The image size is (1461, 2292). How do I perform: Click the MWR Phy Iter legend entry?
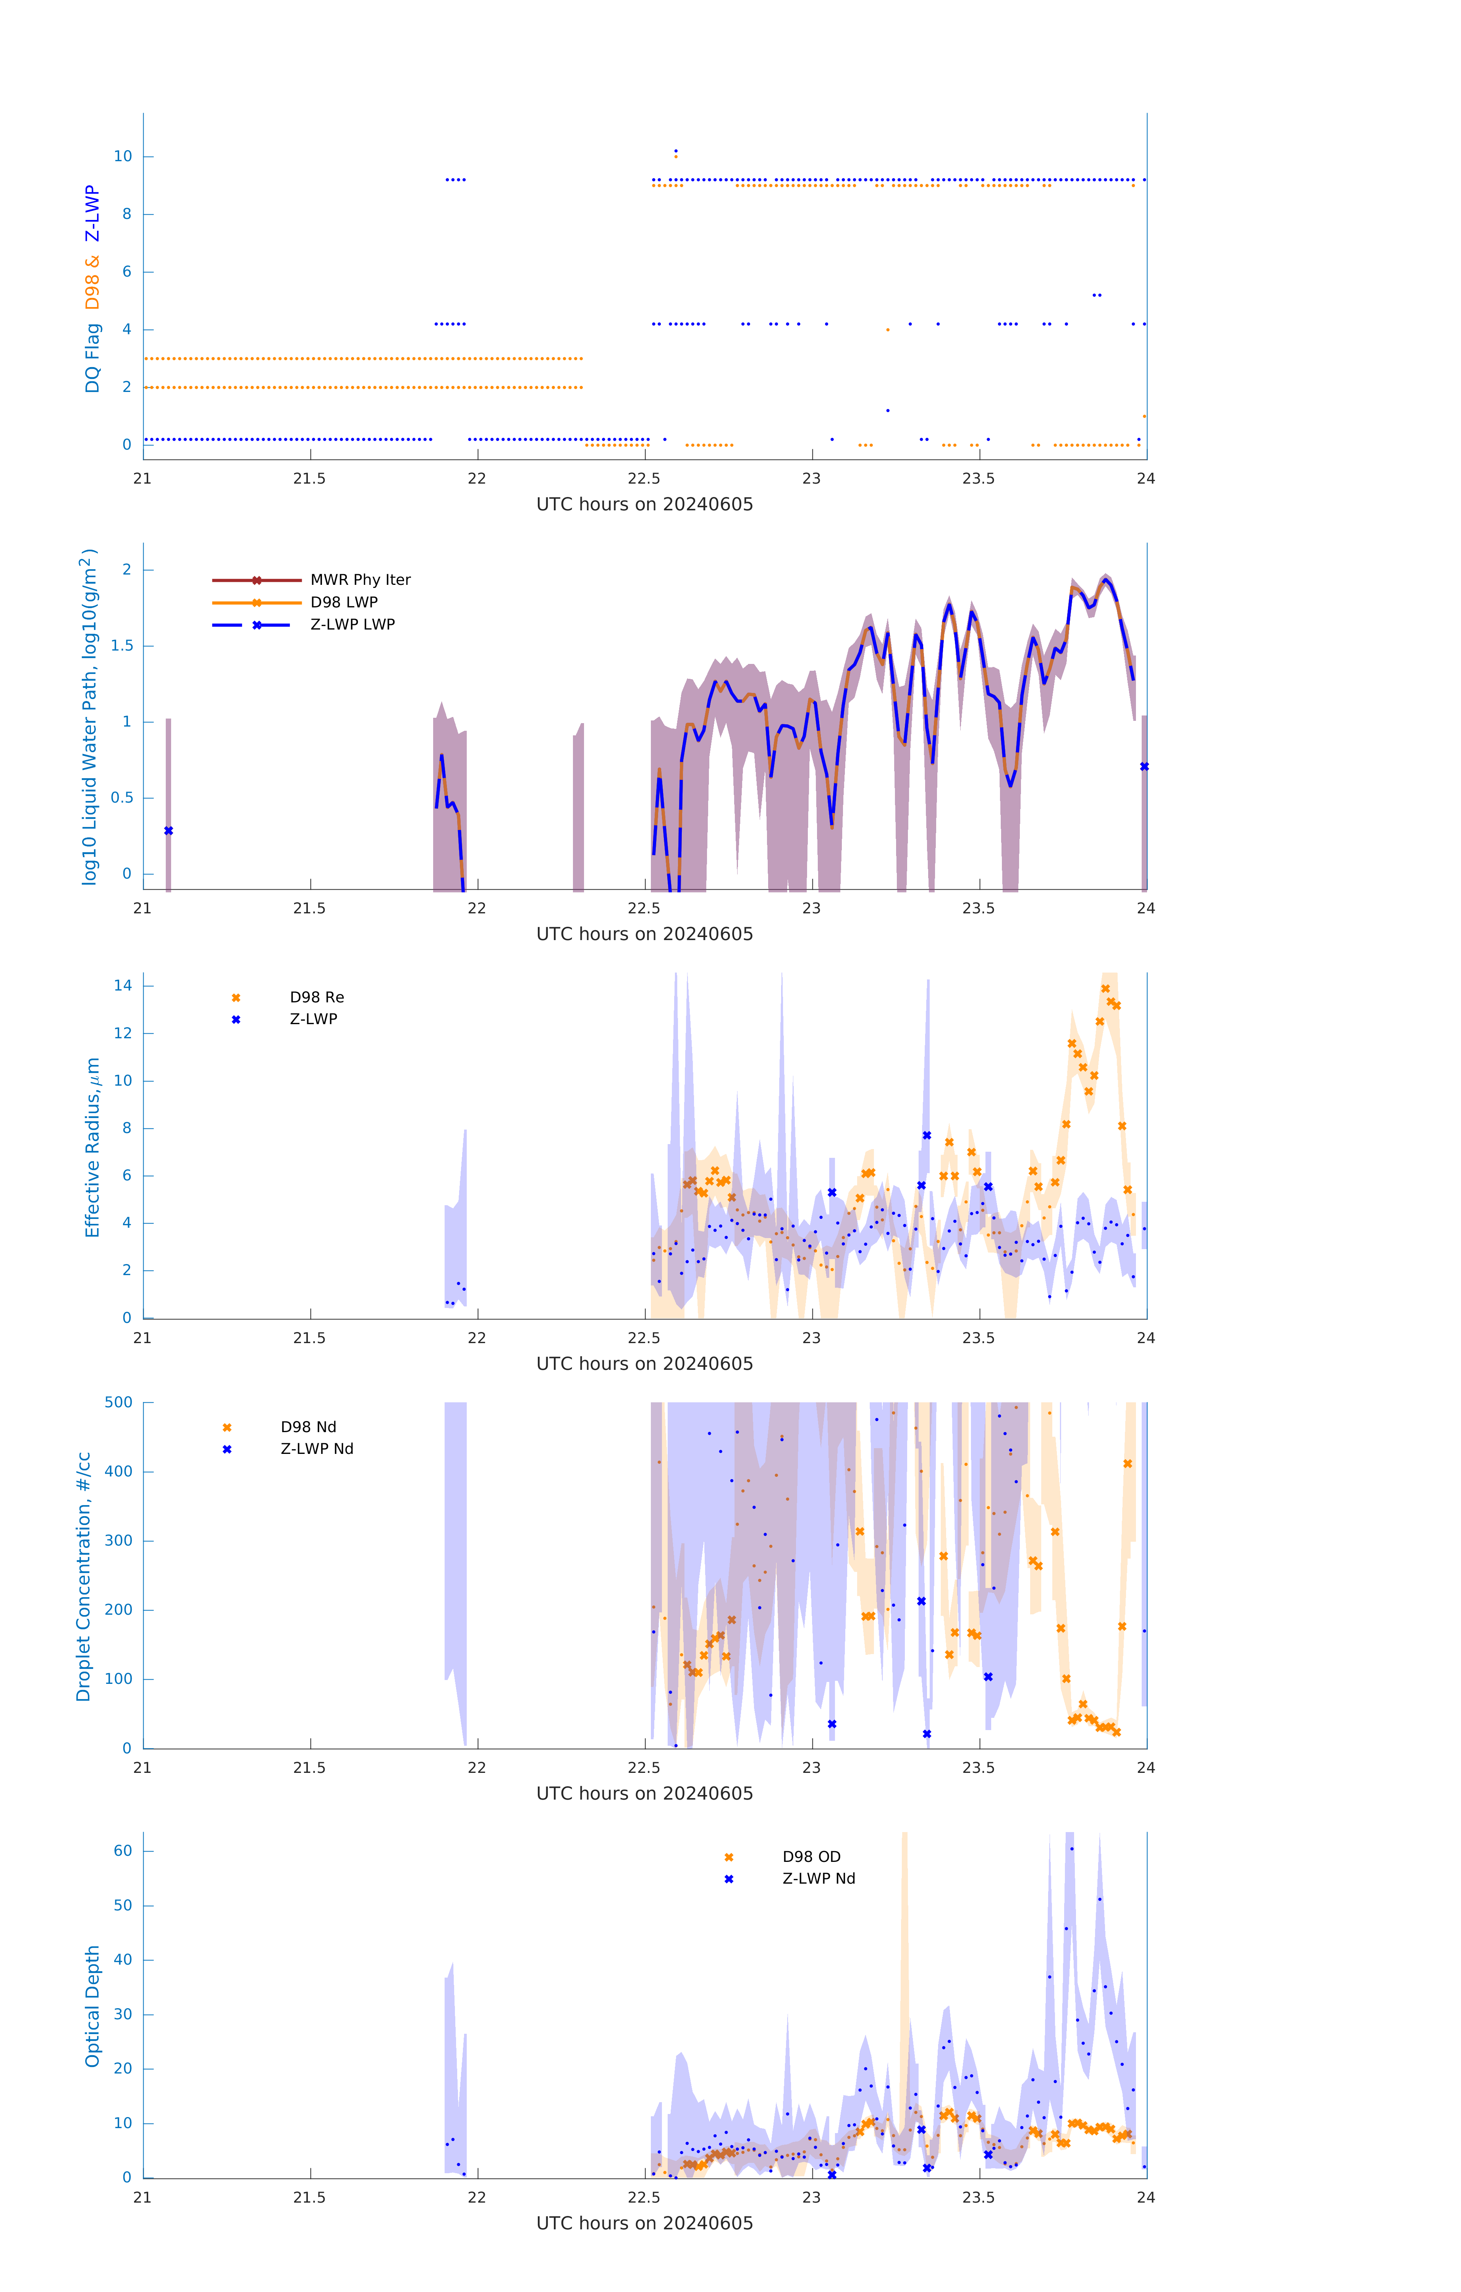tap(360, 579)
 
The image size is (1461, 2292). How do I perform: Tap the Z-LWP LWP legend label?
tap(352, 625)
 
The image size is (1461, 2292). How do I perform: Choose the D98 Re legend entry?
tap(316, 997)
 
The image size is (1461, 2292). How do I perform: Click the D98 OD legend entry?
tap(811, 1857)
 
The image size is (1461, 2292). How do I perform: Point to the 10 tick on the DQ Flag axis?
tap(123, 156)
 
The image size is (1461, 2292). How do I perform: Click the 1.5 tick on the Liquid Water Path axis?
tap(122, 645)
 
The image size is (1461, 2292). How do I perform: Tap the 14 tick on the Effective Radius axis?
tap(123, 985)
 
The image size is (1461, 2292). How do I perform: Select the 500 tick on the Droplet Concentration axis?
tap(119, 1402)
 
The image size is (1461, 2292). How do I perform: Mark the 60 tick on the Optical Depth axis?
tap(123, 1851)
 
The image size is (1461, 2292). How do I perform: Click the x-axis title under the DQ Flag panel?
tap(644, 505)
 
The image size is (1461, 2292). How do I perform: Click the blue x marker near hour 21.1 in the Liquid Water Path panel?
tap(168, 831)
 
